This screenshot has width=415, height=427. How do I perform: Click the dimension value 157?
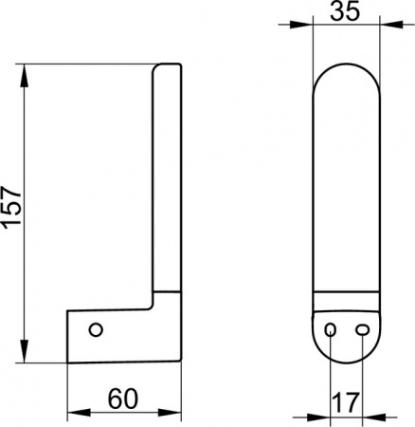[x=11, y=207]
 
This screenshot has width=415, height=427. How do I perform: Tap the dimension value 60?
[x=123, y=399]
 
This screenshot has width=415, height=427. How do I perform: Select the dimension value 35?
[x=345, y=10]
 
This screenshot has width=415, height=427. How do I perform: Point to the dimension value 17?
[x=347, y=403]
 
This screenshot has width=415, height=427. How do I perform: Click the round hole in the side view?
[x=96, y=330]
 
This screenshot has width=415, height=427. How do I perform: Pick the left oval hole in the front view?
[x=331, y=330]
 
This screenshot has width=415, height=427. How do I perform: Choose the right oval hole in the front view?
[x=362, y=330]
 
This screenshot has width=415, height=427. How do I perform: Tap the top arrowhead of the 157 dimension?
[x=25, y=75]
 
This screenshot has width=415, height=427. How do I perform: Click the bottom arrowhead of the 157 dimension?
[x=25, y=351]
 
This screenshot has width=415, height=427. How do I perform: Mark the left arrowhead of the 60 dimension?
[x=79, y=412]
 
